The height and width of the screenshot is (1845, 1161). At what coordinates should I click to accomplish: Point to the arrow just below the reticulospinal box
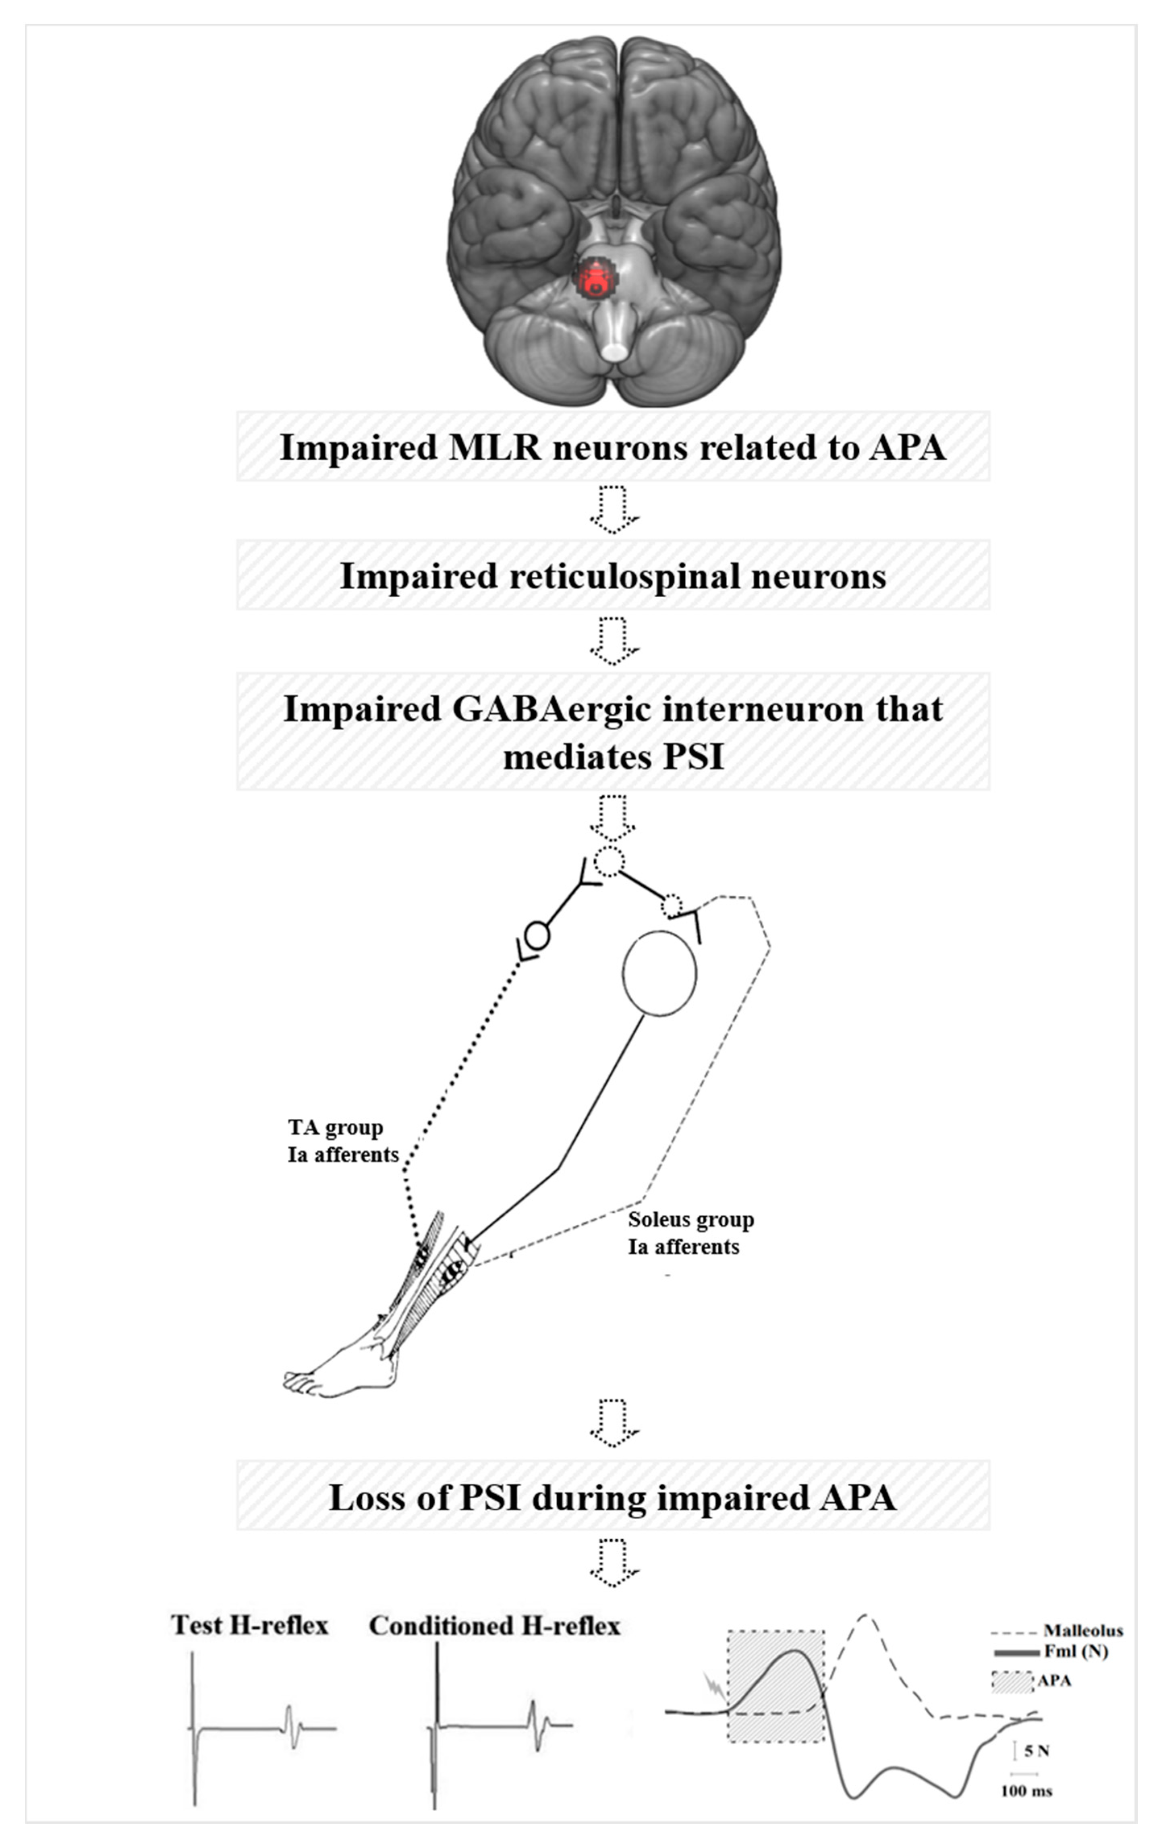click(613, 640)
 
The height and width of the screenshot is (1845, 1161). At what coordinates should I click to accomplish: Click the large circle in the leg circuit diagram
click(659, 973)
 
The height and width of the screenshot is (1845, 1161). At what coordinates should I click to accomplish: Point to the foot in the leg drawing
click(337, 1375)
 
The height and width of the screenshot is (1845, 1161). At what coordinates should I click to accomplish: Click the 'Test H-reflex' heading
click(250, 1625)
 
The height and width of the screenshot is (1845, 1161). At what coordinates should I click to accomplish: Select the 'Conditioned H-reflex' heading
click(494, 1625)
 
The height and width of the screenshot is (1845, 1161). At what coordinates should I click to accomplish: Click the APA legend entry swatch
click(1012, 1681)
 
